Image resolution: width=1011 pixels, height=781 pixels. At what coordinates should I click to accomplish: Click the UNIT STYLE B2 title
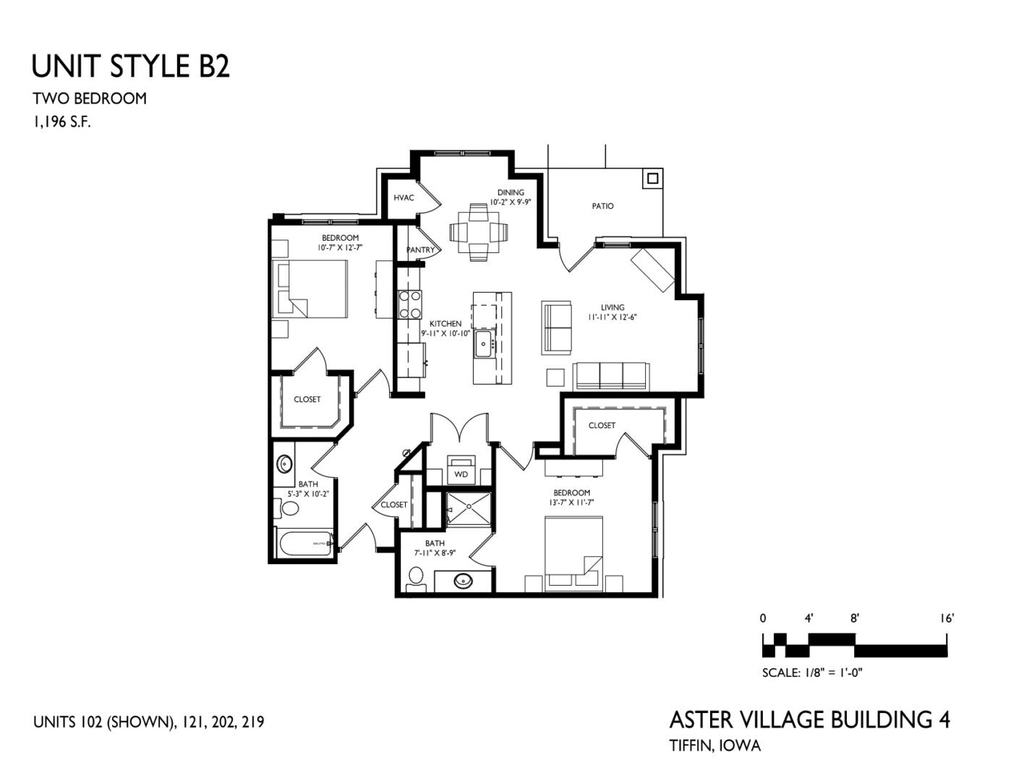(130, 67)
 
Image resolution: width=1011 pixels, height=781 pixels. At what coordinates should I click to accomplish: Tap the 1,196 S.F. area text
(61, 122)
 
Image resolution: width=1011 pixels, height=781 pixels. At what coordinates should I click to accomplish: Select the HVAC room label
(404, 197)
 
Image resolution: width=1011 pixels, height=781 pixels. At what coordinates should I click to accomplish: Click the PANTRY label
(420, 250)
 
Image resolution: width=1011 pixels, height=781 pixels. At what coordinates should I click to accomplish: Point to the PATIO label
(602, 206)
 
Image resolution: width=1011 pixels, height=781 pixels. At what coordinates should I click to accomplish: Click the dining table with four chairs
(478, 232)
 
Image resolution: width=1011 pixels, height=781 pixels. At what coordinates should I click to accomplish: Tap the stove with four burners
(410, 304)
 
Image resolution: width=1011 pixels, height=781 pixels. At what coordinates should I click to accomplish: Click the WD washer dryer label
(461, 474)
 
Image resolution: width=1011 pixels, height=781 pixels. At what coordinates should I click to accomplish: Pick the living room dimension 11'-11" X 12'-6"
(612, 317)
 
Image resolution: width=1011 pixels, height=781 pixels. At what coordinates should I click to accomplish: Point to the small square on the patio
(652, 178)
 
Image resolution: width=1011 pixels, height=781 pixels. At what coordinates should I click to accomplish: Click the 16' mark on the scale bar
(947, 618)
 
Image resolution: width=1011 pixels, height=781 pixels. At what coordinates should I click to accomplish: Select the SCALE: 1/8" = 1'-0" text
(812, 673)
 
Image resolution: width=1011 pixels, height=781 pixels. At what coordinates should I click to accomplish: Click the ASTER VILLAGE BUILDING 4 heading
(809, 720)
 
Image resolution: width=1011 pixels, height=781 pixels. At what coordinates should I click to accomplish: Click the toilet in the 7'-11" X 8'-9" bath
(415, 576)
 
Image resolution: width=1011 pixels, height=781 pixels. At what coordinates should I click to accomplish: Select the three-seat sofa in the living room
(612, 375)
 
